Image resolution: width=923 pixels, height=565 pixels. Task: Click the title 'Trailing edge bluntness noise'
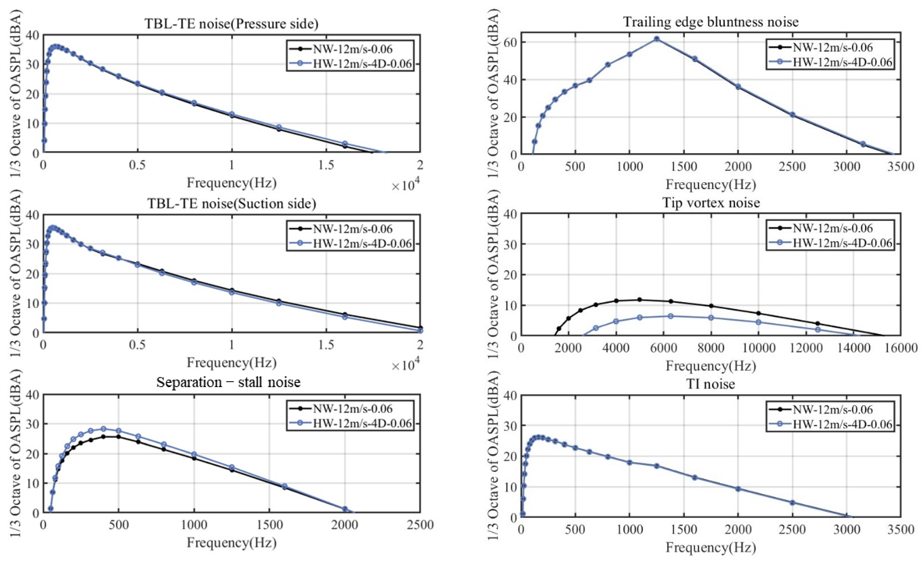(711, 22)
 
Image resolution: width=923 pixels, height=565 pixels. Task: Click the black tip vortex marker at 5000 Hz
(639, 300)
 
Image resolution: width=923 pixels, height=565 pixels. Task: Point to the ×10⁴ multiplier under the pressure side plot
(405, 185)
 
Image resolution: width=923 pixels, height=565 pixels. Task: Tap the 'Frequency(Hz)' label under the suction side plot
(231, 362)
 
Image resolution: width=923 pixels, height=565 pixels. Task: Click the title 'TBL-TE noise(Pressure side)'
(231, 24)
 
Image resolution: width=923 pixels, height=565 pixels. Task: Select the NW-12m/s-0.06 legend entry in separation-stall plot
(352, 409)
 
